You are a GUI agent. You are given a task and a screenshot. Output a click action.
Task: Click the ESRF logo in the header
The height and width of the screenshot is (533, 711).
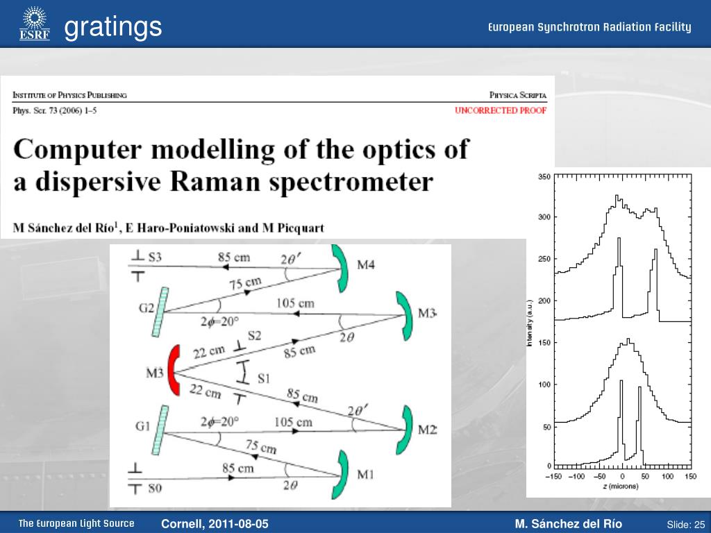coord(35,24)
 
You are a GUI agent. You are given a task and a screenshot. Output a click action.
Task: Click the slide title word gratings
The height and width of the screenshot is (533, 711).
coord(113,27)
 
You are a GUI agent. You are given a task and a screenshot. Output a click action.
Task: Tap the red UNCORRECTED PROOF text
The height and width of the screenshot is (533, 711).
coord(501,110)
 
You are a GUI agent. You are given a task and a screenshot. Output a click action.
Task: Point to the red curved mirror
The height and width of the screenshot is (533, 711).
coord(174,371)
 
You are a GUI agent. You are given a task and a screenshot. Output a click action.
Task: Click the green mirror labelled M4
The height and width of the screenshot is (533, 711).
coord(340,268)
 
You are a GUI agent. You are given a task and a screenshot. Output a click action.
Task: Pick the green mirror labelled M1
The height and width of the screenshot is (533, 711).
coord(341,475)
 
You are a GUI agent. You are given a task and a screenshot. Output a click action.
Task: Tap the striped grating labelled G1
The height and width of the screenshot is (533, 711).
coord(160,430)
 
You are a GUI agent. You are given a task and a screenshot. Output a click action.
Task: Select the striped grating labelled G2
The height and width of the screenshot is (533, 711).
coord(160,312)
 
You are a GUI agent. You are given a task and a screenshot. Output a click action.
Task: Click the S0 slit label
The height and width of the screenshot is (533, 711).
coord(155,489)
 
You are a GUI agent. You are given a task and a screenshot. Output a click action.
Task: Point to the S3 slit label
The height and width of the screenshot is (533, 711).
coord(155,257)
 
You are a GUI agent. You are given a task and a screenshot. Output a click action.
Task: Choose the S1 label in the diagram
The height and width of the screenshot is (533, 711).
coord(264,378)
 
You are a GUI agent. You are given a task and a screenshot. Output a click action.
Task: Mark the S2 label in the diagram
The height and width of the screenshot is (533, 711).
coord(254,336)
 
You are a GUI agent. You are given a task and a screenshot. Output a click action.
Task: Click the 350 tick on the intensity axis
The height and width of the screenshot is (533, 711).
coord(544,177)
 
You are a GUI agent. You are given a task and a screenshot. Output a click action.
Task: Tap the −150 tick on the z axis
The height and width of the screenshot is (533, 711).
coord(553,476)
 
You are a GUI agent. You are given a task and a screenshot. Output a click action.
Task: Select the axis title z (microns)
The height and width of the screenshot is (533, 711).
coord(620,486)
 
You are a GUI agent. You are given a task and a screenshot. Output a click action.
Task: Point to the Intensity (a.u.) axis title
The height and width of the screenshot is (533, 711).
coord(529,323)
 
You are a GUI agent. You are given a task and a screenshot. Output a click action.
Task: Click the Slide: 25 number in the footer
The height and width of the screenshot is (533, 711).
coord(685,525)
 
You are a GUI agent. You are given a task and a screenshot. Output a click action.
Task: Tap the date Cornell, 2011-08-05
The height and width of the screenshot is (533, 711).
coord(215,524)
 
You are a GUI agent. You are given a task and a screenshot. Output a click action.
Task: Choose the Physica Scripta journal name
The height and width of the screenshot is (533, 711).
coord(518,95)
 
